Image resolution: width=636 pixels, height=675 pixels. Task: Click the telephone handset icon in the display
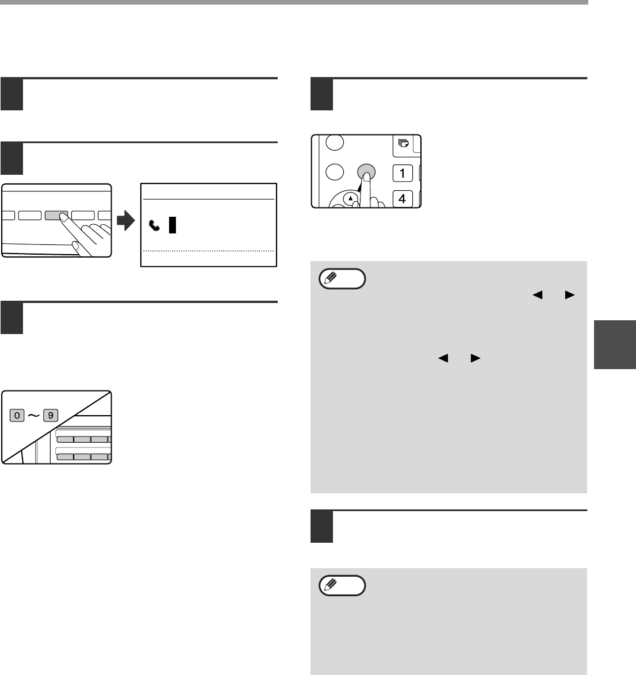pyautogui.click(x=154, y=225)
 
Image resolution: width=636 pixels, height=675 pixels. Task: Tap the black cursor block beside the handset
pyautogui.click(x=173, y=225)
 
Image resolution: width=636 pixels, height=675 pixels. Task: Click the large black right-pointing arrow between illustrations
pyautogui.click(x=126, y=220)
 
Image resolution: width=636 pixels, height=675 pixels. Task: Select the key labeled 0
pyautogui.click(x=17, y=416)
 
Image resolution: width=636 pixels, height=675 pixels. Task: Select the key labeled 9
pyautogui.click(x=51, y=416)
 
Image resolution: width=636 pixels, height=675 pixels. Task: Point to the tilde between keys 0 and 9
pyautogui.click(x=33, y=416)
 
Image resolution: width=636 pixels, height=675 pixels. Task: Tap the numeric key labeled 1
pyautogui.click(x=403, y=173)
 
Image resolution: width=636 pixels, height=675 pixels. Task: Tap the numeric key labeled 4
pyautogui.click(x=403, y=198)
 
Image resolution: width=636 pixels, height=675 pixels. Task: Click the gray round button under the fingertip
pyautogui.click(x=366, y=172)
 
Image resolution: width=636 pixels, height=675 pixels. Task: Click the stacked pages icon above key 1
pyautogui.click(x=404, y=143)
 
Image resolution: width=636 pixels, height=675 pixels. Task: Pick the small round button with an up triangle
pyautogui.click(x=351, y=198)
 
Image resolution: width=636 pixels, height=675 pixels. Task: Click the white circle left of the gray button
pyautogui.click(x=335, y=172)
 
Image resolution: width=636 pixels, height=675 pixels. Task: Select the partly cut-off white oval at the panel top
pyautogui.click(x=335, y=143)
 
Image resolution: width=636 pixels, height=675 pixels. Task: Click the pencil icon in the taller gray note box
pyautogui.click(x=330, y=278)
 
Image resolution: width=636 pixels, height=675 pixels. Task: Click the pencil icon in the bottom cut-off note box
pyautogui.click(x=330, y=585)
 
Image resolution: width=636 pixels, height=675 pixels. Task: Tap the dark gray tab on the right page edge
pyautogui.click(x=615, y=344)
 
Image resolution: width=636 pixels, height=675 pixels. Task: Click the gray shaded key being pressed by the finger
pyautogui.click(x=56, y=215)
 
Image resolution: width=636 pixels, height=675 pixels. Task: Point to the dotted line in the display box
pyautogui.click(x=208, y=251)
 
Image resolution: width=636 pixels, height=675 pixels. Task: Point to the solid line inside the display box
pyautogui.click(x=208, y=200)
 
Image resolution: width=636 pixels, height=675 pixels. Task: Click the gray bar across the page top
pyautogui.click(x=294, y=2)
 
